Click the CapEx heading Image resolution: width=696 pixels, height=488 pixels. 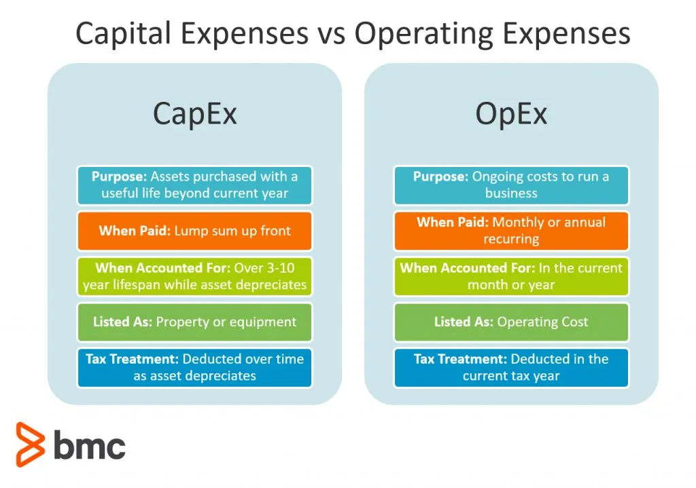[195, 114]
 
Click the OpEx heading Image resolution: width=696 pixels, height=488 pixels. [511, 114]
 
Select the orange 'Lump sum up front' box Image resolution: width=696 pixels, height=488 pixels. [195, 231]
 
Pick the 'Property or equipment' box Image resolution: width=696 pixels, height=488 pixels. [195, 322]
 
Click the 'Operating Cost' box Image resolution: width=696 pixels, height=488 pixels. [511, 322]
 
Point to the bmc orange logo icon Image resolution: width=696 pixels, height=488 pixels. [30, 444]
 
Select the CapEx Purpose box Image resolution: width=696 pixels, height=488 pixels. [195, 185]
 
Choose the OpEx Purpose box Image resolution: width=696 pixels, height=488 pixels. [511, 185]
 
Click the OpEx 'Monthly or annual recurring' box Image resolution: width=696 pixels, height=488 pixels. [511, 231]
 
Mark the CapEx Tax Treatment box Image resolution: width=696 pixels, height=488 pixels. [195, 368]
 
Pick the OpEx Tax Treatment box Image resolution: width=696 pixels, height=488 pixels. [511, 368]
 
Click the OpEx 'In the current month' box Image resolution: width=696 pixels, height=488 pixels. [511, 276]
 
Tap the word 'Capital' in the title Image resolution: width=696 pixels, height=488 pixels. [124, 35]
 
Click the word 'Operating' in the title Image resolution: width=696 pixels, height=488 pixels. [424, 35]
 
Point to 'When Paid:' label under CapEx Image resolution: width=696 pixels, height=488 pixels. [135, 231]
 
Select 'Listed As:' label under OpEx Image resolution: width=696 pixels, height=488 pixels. [464, 322]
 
